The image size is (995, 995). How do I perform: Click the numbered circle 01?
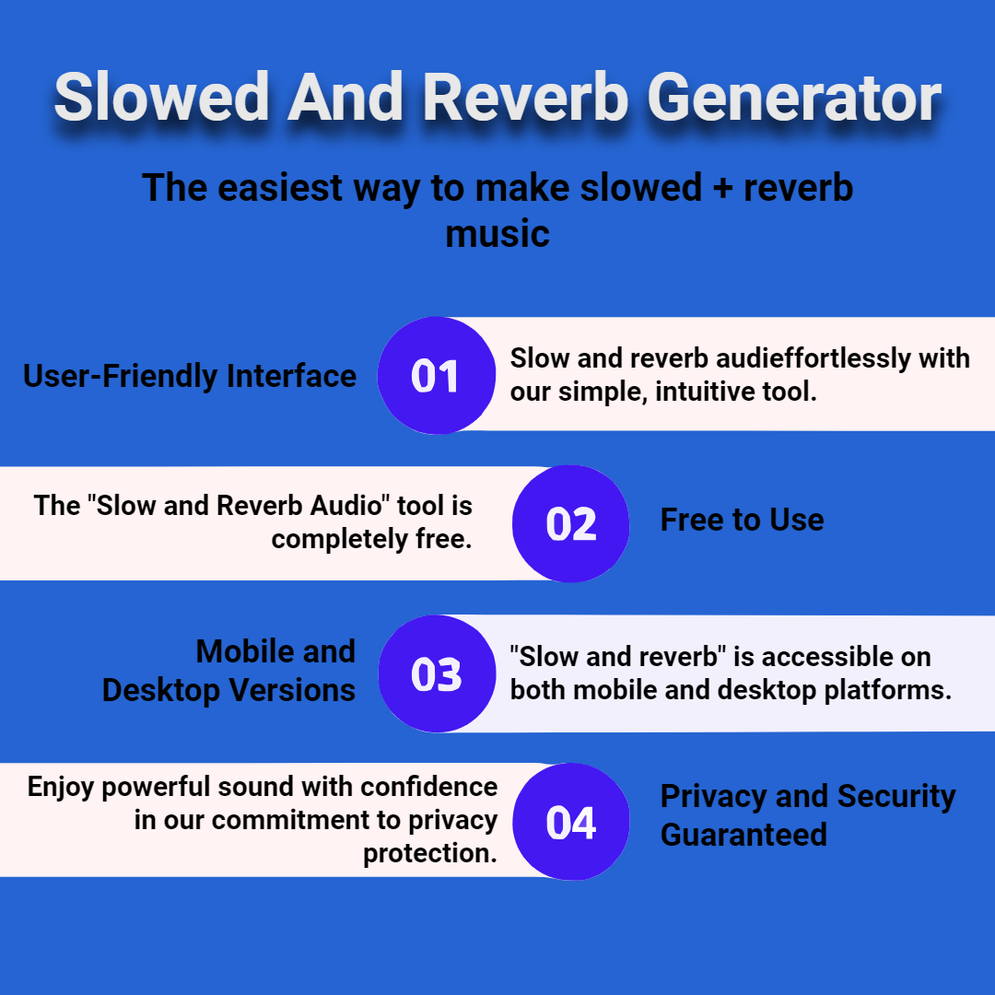[437, 375]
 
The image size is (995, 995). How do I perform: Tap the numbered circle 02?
[570, 523]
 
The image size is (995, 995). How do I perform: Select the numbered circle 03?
[437, 673]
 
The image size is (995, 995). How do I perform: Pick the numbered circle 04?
[571, 822]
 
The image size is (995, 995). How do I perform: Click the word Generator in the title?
[794, 97]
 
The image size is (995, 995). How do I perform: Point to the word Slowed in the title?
[162, 97]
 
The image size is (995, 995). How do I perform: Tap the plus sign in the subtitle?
[722, 189]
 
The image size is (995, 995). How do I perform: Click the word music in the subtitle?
[497, 233]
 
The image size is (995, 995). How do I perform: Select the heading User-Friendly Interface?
[190, 376]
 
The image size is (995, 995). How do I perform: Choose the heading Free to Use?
[742, 520]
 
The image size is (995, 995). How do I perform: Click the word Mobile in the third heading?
[240, 651]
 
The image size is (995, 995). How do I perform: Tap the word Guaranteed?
[743, 835]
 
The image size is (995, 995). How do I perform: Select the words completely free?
[372, 539]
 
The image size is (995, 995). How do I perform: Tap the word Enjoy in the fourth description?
[60, 788]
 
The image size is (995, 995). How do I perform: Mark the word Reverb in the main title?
[525, 97]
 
